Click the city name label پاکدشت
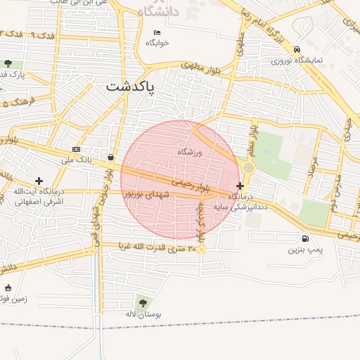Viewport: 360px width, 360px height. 132,87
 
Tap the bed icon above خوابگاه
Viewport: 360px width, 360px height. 157,32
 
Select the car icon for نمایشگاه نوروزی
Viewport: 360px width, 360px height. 298,50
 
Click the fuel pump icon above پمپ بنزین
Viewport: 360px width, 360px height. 304,239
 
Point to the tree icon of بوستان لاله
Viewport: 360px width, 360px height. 143,303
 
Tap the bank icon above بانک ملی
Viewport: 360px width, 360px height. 76,150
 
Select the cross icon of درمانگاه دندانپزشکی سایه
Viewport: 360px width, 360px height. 240,186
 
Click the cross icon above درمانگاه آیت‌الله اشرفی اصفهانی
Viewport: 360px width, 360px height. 39,181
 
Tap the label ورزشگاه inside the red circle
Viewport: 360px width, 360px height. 190,152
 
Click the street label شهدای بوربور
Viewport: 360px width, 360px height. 148,194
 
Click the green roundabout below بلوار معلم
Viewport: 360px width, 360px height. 248,167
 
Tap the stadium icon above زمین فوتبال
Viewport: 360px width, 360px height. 8,288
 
